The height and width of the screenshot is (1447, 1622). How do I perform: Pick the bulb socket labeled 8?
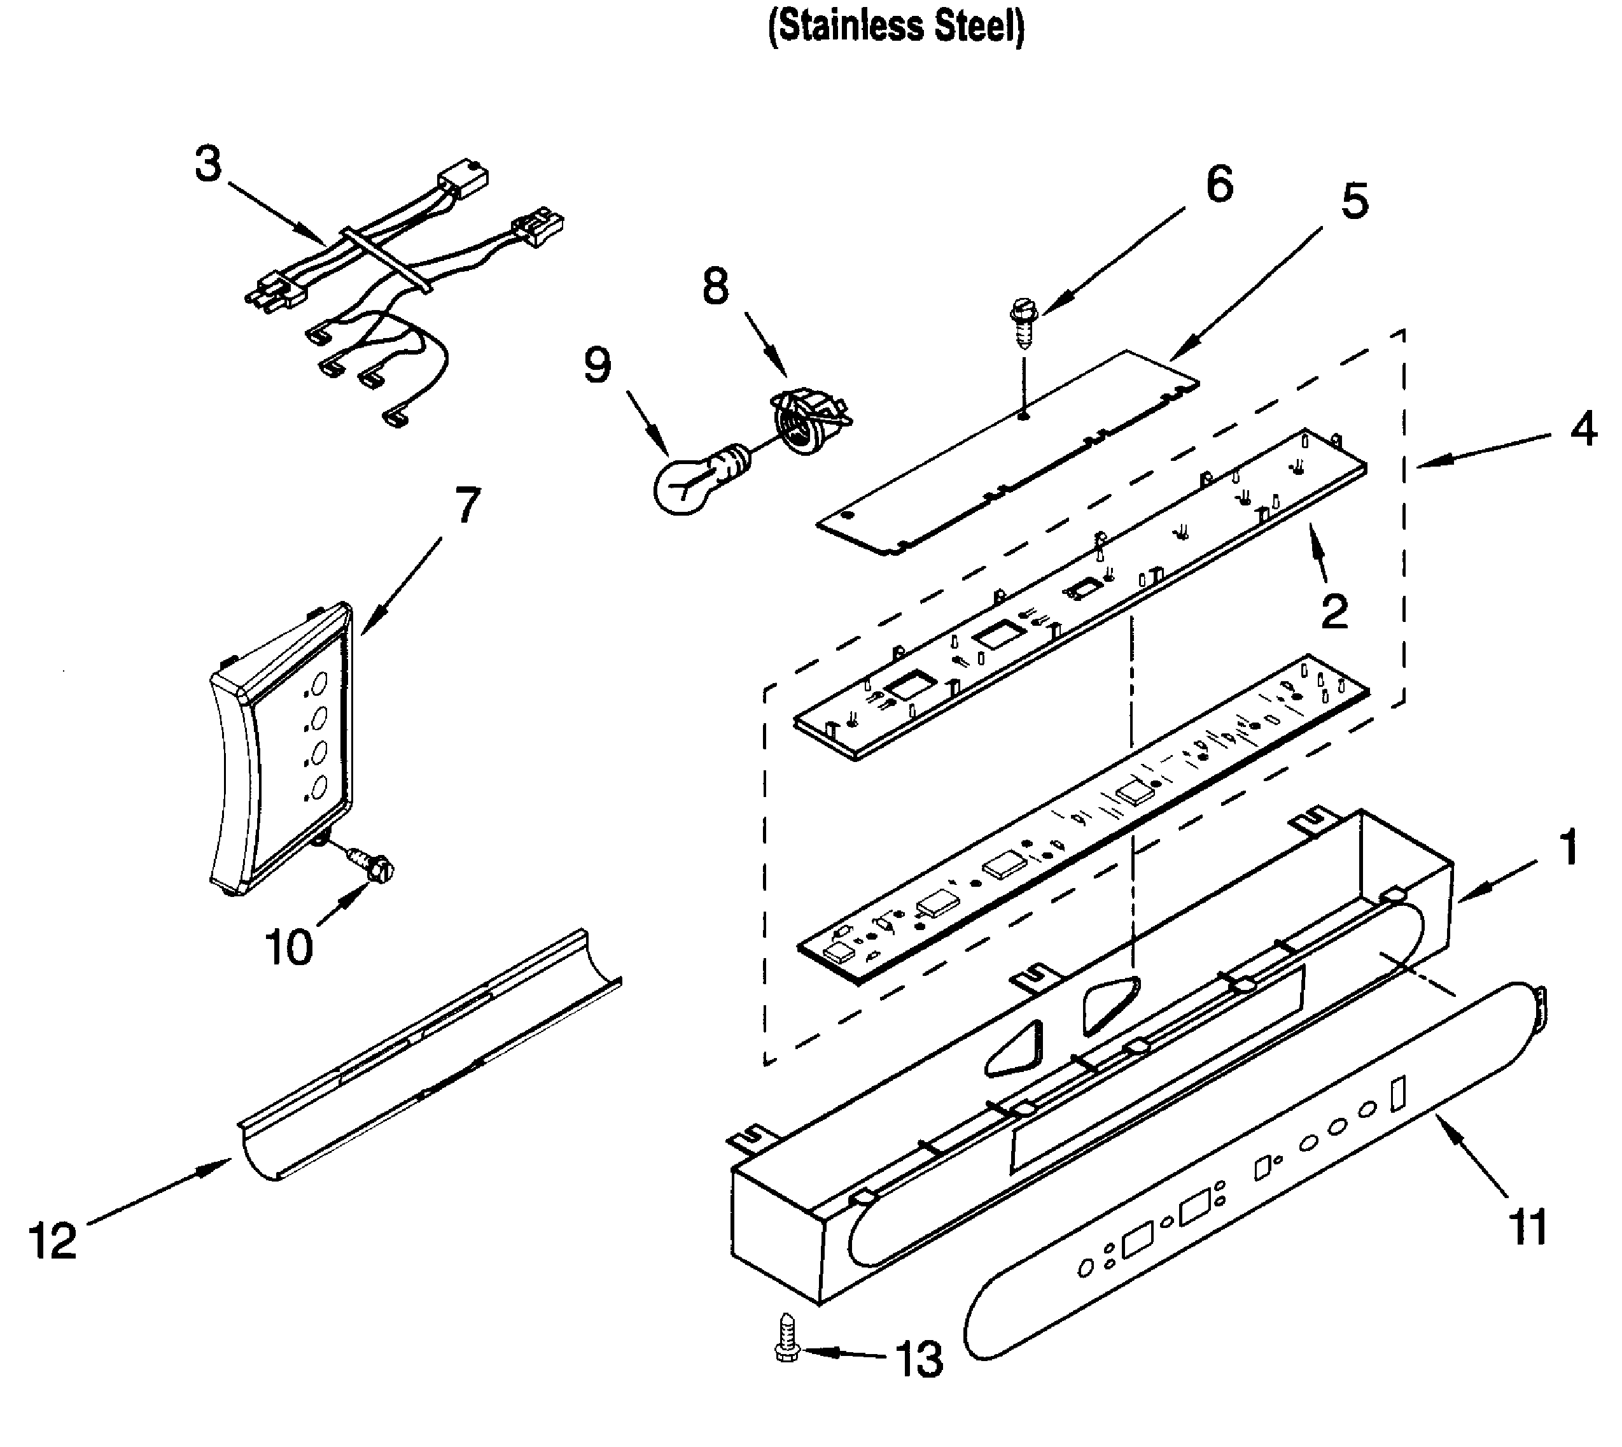pyautogui.click(x=807, y=419)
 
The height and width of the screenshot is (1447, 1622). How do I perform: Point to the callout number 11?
pyautogui.click(x=1527, y=1226)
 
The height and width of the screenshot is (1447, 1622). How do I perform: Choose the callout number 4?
pyautogui.click(x=1583, y=430)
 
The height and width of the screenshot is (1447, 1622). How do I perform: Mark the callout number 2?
pyautogui.click(x=1335, y=610)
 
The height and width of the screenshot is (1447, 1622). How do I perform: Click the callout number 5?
pyautogui.click(x=1355, y=201)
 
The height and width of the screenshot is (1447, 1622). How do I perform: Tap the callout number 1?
pyautogui.click(x=1568, y=847)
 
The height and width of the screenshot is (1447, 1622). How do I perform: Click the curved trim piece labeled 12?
pyautogui.click(x=429, y=1057)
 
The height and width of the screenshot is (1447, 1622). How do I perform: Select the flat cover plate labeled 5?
pyautogui.click(x=1009, y=453)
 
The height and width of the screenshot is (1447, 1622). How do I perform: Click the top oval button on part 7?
pyautogui.click(x=319, y=683)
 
